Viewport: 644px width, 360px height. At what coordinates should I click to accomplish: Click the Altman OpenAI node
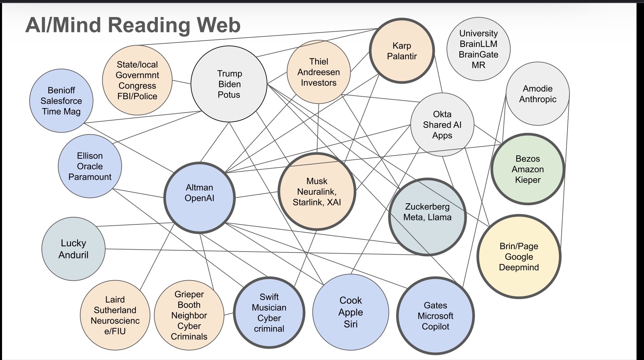click(200, 198)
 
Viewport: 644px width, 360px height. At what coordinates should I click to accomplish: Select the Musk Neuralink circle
click(317, 191)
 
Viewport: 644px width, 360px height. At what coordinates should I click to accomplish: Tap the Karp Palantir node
click(402, 51)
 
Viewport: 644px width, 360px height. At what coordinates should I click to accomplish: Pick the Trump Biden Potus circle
click(229, 84)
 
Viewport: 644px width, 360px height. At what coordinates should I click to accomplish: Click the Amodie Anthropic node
click(538, 93)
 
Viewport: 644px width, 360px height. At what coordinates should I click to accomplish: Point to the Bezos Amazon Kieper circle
click(528, 169)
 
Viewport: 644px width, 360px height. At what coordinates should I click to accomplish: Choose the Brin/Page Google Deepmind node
click(519, 256)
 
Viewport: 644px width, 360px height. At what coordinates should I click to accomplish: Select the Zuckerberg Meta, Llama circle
click(427, 217)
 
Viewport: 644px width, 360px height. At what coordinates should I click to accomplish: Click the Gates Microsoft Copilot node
click(435, 316)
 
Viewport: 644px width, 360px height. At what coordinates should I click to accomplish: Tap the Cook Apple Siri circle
click(351, 312)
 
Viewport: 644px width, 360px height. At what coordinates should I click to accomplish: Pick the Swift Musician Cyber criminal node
click(269, 312)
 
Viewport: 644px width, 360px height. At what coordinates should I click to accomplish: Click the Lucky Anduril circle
click(73, 249)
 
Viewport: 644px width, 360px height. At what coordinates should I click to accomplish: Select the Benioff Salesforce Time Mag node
click(61, 101)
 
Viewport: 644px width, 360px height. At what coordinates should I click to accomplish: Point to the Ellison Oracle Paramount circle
click(90, 166)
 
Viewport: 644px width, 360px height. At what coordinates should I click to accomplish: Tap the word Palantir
click(402, 56)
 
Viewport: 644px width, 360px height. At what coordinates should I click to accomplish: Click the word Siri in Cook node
click(351, 324)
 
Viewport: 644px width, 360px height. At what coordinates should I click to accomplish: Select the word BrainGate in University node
click(478, 54)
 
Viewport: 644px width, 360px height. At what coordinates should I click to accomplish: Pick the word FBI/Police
click(137, 96)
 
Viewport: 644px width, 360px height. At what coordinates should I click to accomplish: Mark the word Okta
click(442, 114)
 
